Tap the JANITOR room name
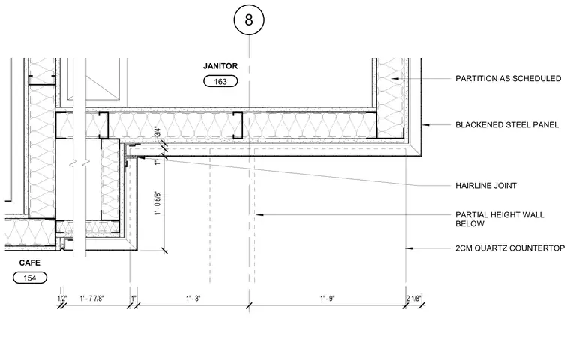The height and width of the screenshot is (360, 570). pos(220,66)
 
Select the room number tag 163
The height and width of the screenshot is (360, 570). pos(220,81)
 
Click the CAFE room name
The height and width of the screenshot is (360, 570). pos(30,262)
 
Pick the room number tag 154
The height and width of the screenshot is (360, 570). pos(30,277)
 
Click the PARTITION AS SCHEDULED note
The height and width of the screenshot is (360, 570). pos(508,78)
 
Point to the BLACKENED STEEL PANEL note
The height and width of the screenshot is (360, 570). pos(507,125)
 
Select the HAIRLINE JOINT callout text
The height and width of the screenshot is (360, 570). pos(486,186)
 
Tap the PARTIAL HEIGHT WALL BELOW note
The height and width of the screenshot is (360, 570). pos(499,219)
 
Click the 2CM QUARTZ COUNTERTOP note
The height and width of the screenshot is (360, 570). pos(510,248)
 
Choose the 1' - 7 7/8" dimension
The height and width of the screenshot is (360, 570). pos(92,298)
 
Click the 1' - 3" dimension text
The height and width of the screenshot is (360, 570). pos(193,298)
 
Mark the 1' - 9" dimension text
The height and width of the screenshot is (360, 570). pos(328,298)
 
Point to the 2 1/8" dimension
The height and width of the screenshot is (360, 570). pos(414,298)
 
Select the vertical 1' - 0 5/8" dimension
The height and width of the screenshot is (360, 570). pos(157,203)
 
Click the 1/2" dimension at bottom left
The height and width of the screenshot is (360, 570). pos(62,298)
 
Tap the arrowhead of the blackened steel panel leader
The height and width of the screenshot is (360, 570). pos(424,125)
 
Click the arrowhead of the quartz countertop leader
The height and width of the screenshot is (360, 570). pos(409,248)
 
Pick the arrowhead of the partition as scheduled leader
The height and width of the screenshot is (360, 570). pos(394,78)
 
